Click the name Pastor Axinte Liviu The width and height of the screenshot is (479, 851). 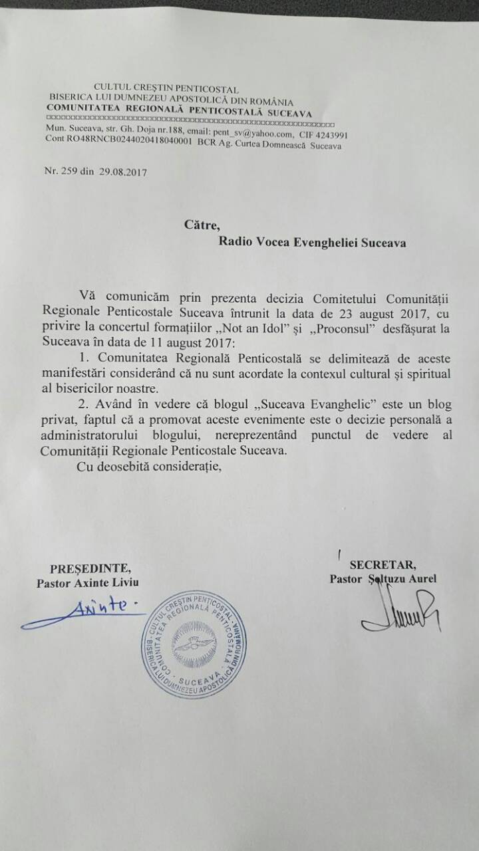pos(90,582)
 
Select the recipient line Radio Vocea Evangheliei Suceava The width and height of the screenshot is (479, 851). pos(312,242)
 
